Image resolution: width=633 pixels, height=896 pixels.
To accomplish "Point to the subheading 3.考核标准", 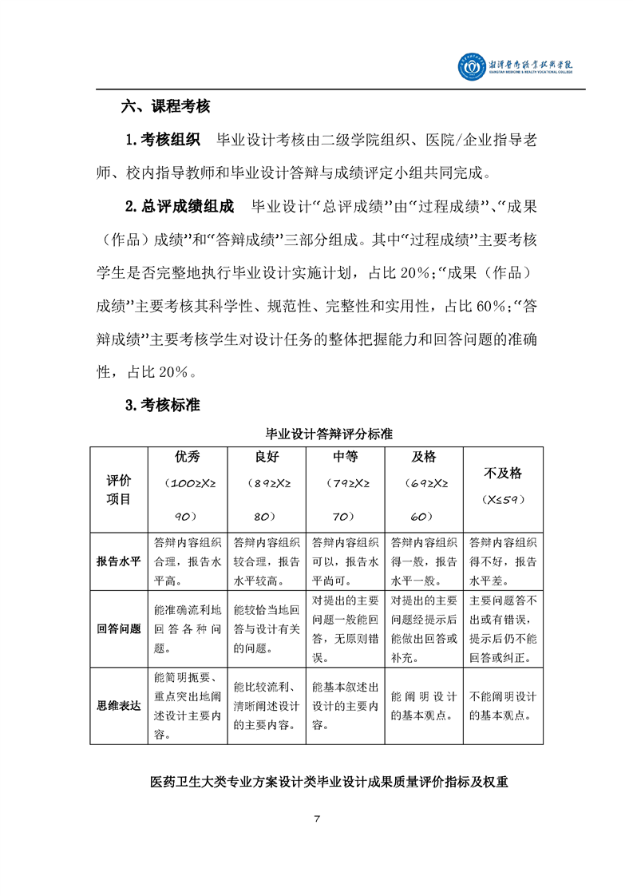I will coord(163,406).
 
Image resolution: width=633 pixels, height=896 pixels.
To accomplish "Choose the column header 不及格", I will coord(503,474).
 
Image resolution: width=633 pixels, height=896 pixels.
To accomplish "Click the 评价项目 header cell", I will coord(119,489).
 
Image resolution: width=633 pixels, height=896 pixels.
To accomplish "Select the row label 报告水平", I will coord(119,561).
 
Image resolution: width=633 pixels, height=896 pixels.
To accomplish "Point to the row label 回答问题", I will coord(119,628).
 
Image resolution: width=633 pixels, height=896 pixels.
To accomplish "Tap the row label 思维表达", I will coord(119,705).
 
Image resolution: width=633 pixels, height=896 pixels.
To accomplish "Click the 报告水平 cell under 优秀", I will coord(188,561).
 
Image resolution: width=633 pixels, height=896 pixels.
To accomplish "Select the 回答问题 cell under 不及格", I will coord(503,628).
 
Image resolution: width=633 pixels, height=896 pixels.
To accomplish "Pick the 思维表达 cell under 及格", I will coord(424,705).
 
